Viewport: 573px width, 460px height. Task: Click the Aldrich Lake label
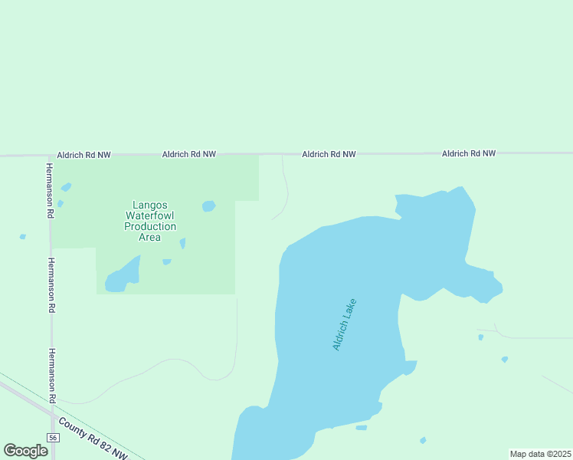tap(345, 324)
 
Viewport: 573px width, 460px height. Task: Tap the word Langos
tap(150, 205)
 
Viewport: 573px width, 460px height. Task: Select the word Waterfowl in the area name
tap(150, 215)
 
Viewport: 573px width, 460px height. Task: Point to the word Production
tap(150, 226)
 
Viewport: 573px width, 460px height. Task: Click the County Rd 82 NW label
tap(93, 439)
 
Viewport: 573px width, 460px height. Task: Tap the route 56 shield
tap(53, 437)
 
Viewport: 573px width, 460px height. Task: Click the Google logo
tap(25, 451)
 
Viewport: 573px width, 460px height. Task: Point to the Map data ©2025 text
tap(540, 454)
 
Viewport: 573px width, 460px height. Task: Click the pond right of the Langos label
tap(208, 205)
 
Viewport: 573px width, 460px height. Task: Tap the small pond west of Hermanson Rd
tap(22, 236)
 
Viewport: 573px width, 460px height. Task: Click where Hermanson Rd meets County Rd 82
tap(53, 415)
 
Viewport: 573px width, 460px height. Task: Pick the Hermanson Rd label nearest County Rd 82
tap(53, 375)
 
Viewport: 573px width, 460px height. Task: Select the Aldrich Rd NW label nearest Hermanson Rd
tap(83, 155)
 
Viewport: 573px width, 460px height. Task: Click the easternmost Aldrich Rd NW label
tap(469, 153)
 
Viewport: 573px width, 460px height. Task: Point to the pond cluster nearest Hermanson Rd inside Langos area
tap(66, 186)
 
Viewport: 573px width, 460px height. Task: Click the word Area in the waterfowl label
tap(150, 237)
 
